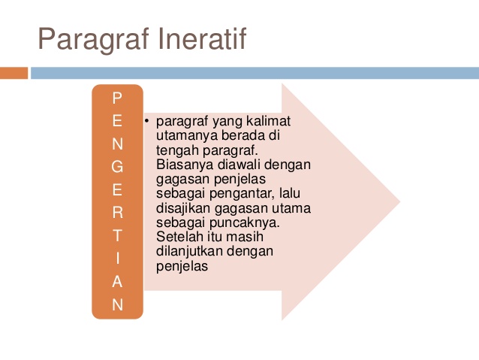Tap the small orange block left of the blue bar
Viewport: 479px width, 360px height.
(x=14, y=73)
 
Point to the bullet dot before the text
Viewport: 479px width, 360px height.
(x=146, y=121)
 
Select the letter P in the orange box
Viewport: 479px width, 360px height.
(x=117, y=98)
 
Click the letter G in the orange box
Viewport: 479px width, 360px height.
(x=117, y=167)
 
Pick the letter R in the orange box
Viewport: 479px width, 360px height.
(x=118, y=213)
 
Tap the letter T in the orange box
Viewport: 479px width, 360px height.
(x=117, y=235)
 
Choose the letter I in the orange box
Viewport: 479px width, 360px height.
(x=118, y=259)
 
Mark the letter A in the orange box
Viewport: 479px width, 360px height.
(x=117, y=281)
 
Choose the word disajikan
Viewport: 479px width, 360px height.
(x=183, y=209)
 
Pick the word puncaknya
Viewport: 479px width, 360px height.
(x=245, y=223)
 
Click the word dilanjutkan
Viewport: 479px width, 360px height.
(x=189, y=252)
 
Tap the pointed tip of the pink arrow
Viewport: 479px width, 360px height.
(x=399, y=201)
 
